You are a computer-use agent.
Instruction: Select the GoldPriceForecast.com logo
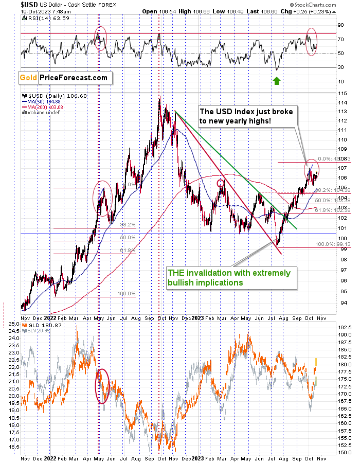click(x=64, y=78)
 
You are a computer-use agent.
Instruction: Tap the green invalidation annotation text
click(x=228, y=277)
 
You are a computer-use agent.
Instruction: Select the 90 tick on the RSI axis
click(x=339, y=24)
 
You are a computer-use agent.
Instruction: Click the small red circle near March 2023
click(x=221, y=183)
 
